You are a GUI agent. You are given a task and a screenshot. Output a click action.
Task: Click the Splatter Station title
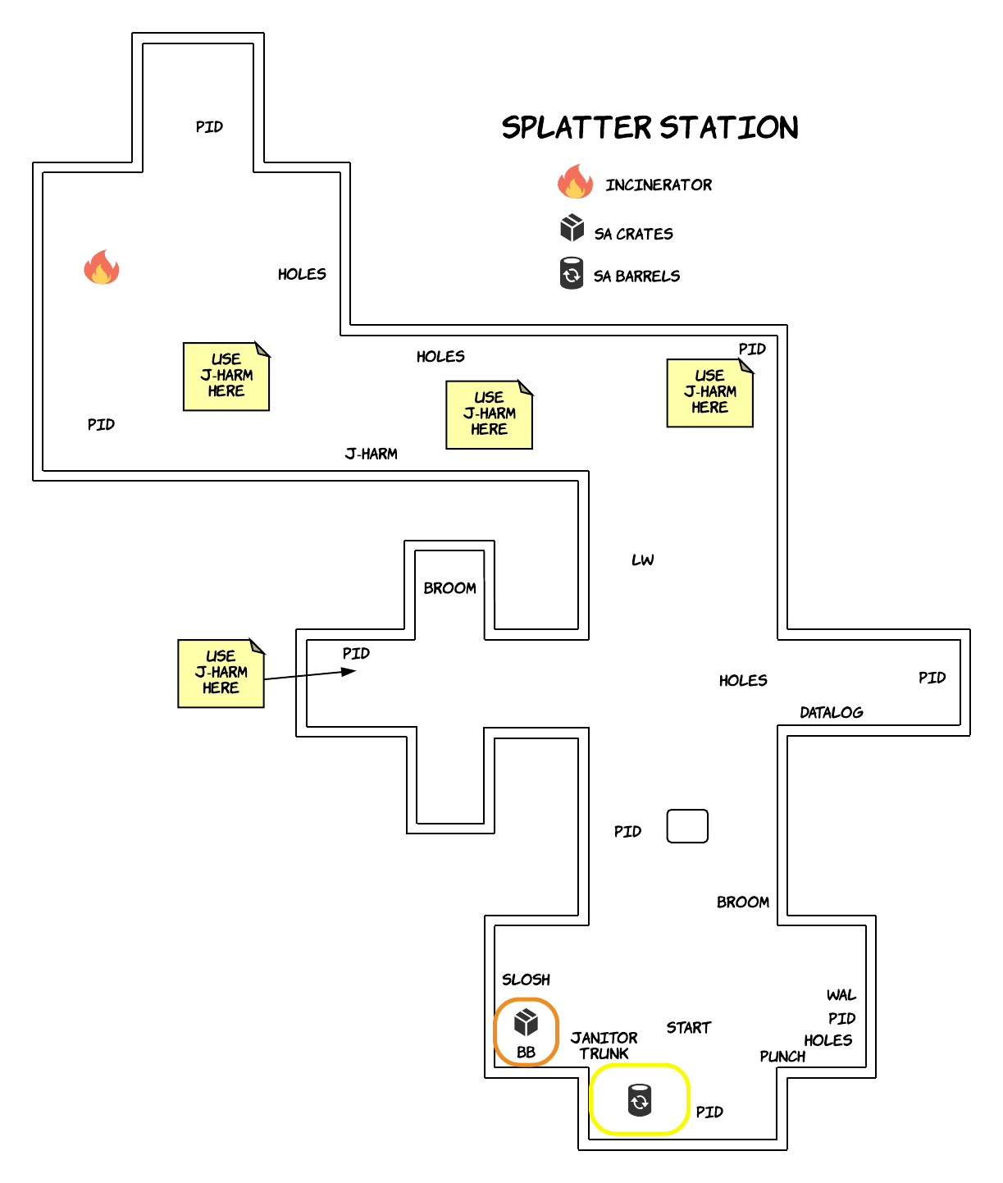(x=650, y=127)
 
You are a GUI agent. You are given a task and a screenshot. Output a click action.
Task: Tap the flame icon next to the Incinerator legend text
(x=575, y=181)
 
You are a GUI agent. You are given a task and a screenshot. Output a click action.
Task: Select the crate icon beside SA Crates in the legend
(x=572, y=228)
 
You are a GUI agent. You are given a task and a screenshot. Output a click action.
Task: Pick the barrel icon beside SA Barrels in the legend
(x=571, y=273)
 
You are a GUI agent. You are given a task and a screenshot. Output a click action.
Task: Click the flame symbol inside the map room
(x=101, y=267)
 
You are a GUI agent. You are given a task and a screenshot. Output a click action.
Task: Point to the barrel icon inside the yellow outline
(x=639, y=1099)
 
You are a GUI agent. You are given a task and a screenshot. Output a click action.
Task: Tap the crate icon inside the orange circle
(x=525, y=1022)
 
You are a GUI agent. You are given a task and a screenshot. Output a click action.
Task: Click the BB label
(x=525, y=1052)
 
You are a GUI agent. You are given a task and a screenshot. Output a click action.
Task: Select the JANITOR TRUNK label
(x=604, y=1045)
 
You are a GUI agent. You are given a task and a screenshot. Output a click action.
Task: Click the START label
(x=688, y=1027)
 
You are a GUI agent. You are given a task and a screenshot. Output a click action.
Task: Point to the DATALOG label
(x=831, y=712)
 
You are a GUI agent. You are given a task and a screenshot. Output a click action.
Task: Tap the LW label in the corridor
(x=642, y=560)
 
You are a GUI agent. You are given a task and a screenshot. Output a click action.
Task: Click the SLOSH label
(x=525, y=980)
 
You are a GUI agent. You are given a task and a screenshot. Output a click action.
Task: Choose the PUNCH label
(x=782, y=1056)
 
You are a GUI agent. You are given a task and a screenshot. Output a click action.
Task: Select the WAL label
(x=841, y=994)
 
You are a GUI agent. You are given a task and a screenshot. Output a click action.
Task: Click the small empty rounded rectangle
(x=687, y=826)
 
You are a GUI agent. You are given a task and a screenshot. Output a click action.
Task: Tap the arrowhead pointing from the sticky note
(x=349, y=671)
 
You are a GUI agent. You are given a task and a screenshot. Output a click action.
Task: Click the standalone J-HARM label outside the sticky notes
(x=371, y=454)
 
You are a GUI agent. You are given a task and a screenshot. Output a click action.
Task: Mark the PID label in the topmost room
(x=209, y=126)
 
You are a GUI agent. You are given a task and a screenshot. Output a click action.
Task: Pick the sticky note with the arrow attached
(x=221, y=674)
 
